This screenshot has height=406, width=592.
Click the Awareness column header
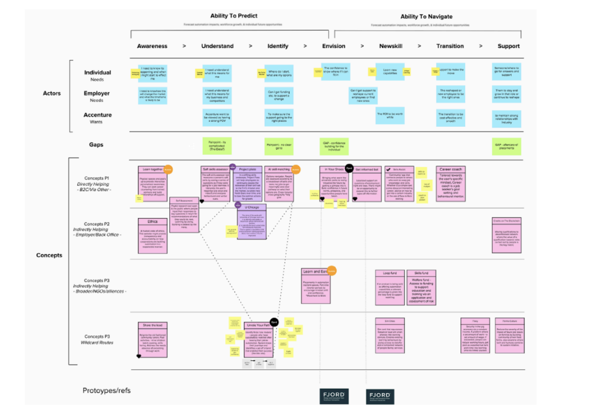point(152,46)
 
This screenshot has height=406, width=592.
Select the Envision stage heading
point(334,46)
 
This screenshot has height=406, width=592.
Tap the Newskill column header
point(391,46)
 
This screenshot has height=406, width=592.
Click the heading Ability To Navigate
point(426,17)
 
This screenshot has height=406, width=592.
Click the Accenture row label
point(97,116)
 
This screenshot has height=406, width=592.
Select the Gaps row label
point(96,145)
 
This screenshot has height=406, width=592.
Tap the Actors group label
point(52,94)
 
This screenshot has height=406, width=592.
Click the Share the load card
point(152,340)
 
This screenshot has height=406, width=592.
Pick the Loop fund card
point(390,287)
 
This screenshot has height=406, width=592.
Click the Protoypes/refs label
point(106,391)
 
